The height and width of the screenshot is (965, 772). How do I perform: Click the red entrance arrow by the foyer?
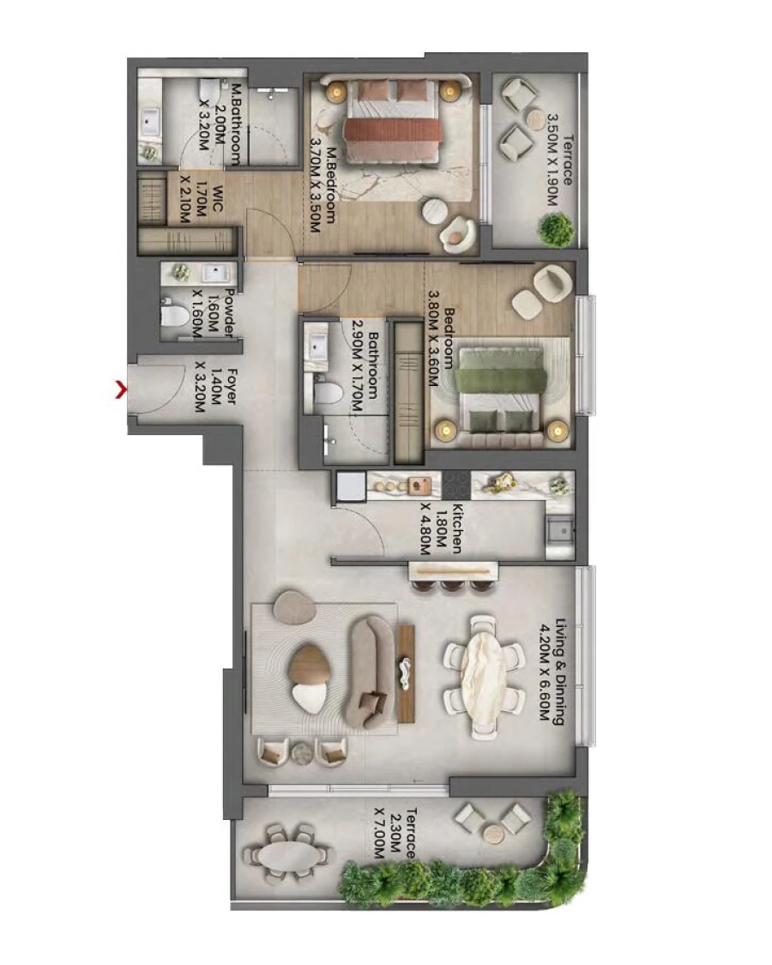[x=121, y=391]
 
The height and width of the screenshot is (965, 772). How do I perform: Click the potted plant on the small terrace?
[x=557, y=230]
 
